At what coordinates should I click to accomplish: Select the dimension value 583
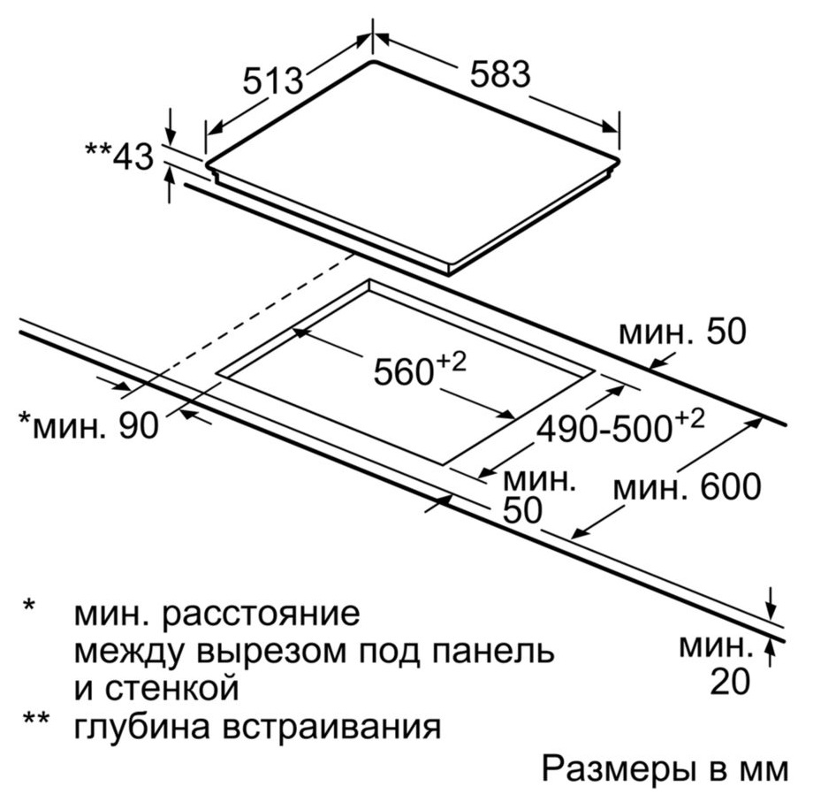(500, 74)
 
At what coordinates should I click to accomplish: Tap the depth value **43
(120, 157)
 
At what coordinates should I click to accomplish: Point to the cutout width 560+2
(420, 370)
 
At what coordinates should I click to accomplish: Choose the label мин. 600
(687, 487)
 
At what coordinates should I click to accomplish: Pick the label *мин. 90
(88, 426)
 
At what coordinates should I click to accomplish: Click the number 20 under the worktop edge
(730, 681)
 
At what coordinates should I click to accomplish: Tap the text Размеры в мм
(665, 768)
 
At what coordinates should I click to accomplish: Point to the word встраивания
(332, 727)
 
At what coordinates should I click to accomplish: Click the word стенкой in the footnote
(172, 689)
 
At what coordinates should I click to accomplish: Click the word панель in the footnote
(493, 652)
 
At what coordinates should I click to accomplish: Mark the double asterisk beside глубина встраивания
(35, 719)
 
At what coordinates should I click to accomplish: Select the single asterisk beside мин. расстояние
(28, 606)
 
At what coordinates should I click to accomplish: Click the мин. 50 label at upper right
(683, 332)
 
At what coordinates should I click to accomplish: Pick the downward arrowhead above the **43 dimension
(171, 135)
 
